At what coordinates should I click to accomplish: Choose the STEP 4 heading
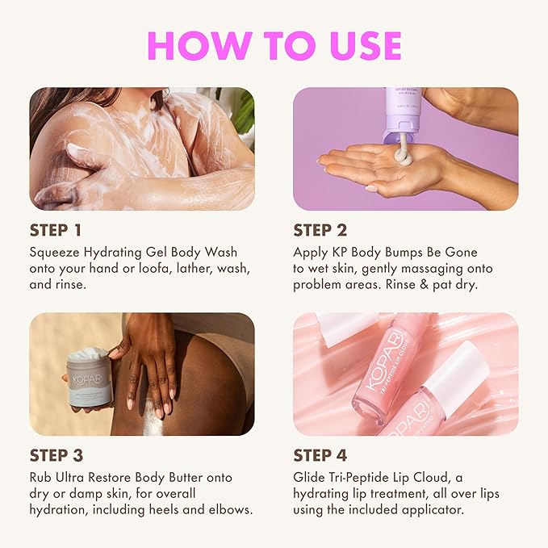pyautogui.click(x=324, y=455)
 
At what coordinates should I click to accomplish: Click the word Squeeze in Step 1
pyautogui.click(x=56, y=252)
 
